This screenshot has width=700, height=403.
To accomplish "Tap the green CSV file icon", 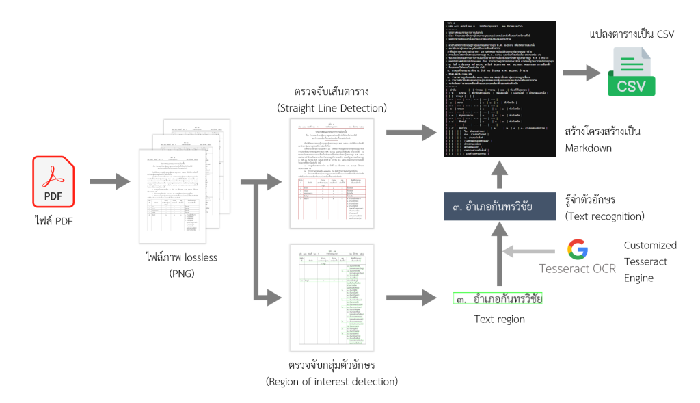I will coord(631,72).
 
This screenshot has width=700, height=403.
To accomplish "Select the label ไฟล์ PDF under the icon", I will coord(53,220).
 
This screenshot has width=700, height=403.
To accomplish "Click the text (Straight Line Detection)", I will coord(332,107).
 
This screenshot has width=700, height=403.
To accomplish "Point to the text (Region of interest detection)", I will coord(332,381).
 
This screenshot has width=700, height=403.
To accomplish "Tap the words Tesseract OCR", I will coord(578,268).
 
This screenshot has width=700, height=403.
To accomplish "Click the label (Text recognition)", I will coord(605,216).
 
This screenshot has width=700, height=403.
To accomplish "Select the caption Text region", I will coord(499,320).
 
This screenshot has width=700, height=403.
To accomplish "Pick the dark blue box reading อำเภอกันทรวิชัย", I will coord(498,207).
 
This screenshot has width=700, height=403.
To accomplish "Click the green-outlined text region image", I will coord(498,299).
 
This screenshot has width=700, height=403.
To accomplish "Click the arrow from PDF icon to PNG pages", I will coord(109,182).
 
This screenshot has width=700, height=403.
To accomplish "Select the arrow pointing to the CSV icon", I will coord(580,73).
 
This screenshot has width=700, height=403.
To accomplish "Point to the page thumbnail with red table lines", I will coord(332,170).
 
